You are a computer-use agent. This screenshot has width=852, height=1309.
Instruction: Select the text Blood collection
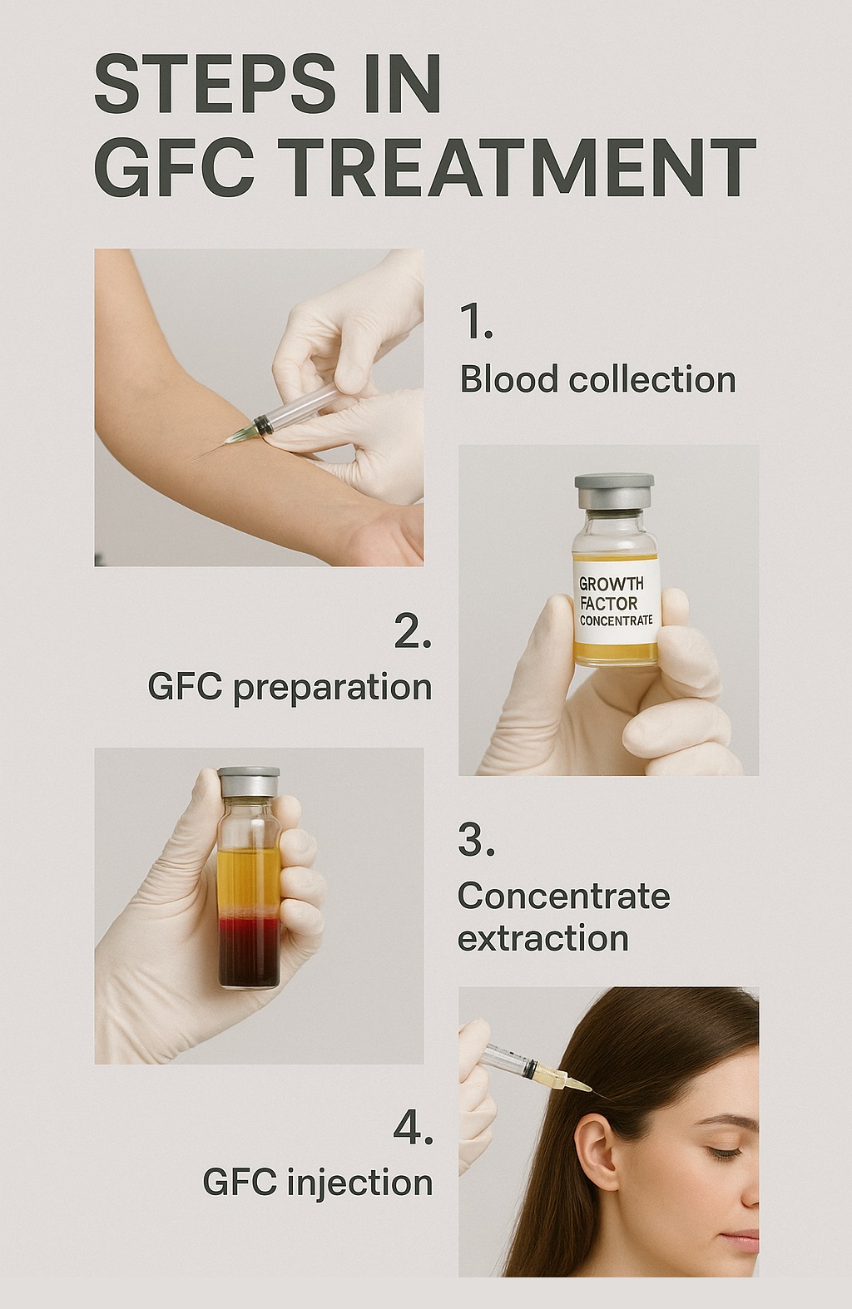coord(597,380)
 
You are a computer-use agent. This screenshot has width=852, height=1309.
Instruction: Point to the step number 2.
coord(412,632)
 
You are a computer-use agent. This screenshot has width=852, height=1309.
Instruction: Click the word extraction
coord(542,939)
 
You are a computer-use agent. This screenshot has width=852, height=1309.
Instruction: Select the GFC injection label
coord(317,1183)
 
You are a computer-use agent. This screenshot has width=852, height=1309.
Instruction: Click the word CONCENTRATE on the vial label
coord(616,620)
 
